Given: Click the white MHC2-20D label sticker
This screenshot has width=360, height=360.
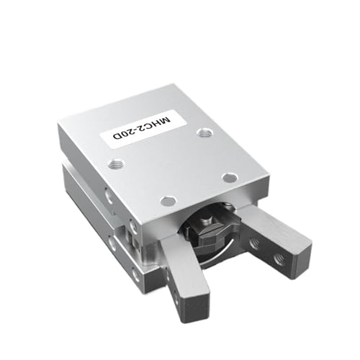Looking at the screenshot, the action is click(143, 129).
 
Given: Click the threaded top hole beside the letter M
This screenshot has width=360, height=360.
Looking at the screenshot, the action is click(204, 132).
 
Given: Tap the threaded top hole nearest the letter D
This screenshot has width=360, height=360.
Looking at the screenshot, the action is click(116, 164).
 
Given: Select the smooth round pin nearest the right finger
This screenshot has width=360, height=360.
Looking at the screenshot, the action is click(230, 177).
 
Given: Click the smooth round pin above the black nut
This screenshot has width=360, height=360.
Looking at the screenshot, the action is click(168, 201).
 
